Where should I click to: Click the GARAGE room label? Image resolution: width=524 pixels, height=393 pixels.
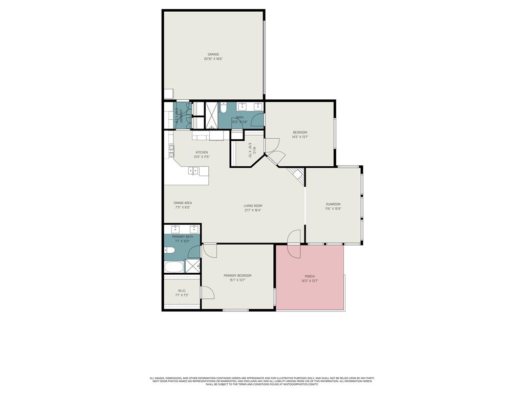pos(213,54)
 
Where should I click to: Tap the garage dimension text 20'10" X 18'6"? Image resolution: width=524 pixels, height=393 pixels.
pos(213,59)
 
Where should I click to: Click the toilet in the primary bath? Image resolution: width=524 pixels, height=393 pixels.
pos(170,250)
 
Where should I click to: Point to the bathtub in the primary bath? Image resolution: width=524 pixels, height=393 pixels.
pos(173,267)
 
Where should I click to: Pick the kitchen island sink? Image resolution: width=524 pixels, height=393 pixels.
pos(193,171)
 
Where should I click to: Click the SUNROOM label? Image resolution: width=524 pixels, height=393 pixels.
pos(333,204)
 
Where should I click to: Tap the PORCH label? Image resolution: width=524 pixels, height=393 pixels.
pos(310,276)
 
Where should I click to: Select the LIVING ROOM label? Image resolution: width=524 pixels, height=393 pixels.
pos(253,206)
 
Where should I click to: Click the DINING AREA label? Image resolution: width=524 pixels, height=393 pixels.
pos(183,203)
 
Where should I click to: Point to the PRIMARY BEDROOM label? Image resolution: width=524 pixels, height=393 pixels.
pos(237,275)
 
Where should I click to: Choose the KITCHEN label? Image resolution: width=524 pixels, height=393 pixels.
pos(202,152)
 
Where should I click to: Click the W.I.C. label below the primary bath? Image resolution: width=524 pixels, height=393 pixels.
pos(182,291)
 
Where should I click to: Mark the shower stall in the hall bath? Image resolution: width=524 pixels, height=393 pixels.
pos(211,115)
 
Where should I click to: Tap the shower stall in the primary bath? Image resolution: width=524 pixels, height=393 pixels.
pos(192,267)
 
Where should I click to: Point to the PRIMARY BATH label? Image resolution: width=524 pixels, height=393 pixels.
pos(182,236)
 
